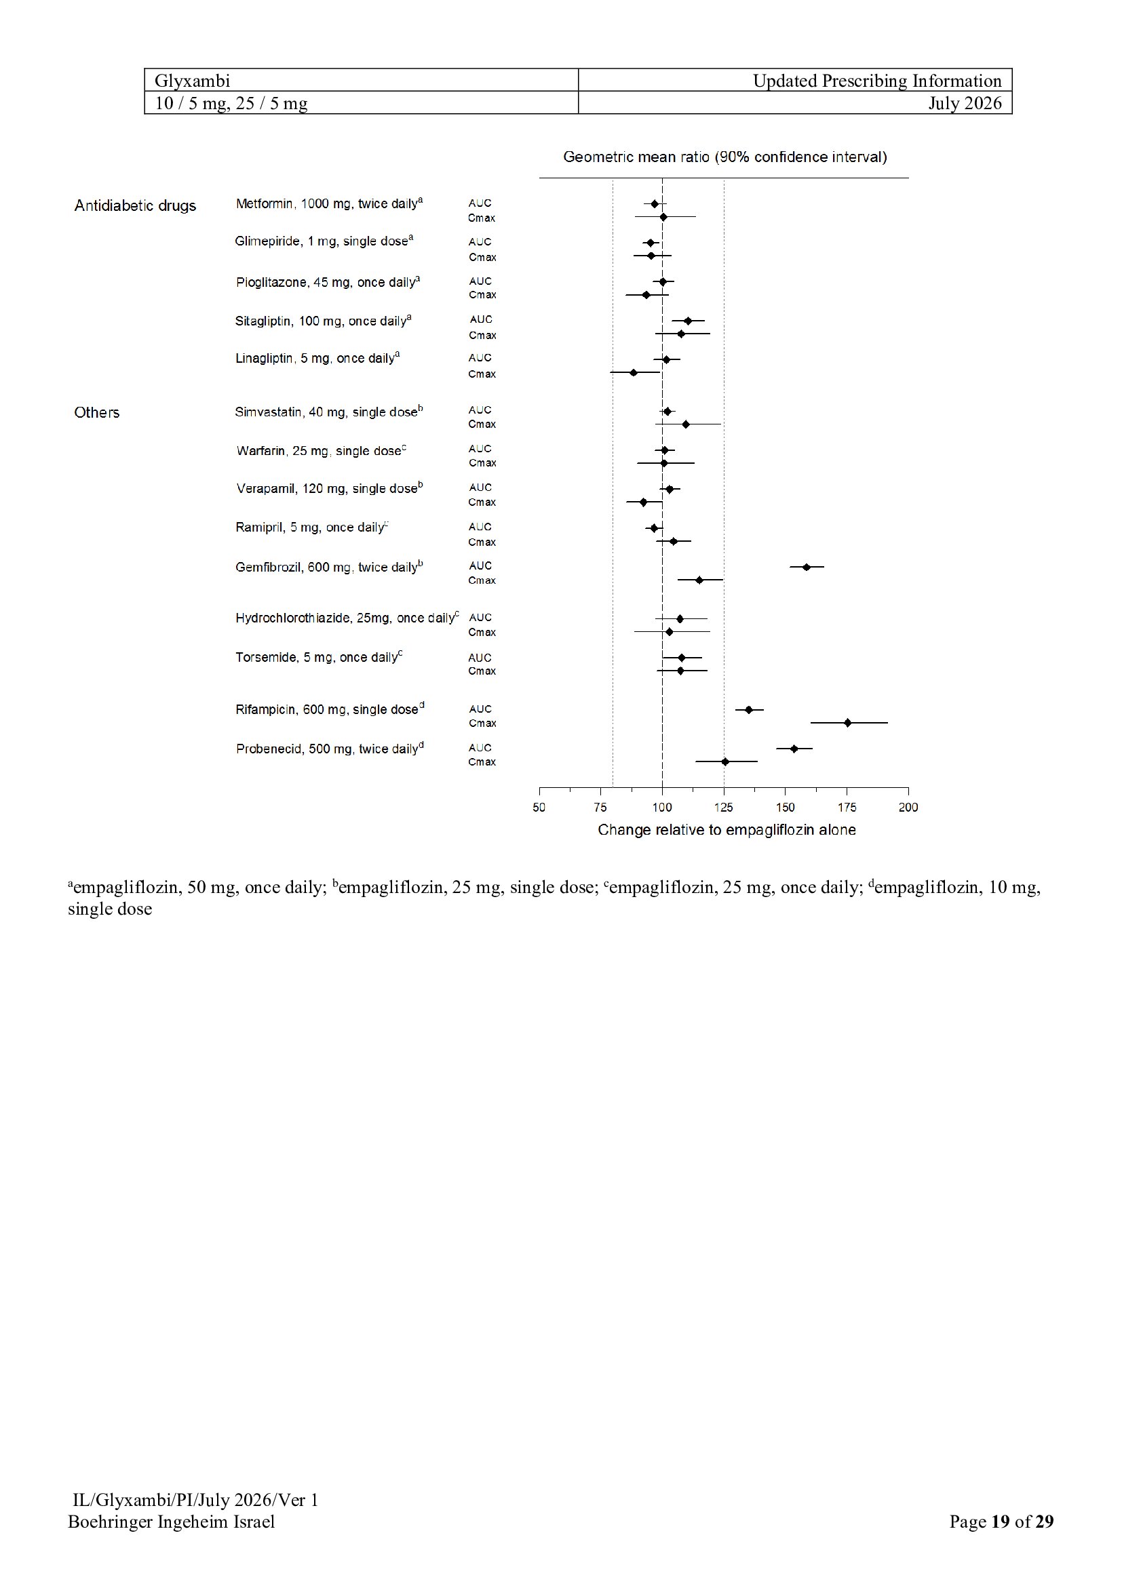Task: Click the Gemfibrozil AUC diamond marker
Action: click(x=806, y=567)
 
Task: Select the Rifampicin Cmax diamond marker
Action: click(x=848, y=723)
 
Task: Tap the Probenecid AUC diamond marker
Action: click(x=794, y=749)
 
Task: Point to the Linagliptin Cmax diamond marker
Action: click(x=634, y=372)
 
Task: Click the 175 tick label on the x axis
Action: click(x=847, y=808)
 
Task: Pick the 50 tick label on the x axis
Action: click(x=539, y=808)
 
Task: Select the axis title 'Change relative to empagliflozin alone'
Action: click(x=727, y=829)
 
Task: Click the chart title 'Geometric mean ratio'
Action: click(x=636, y=157)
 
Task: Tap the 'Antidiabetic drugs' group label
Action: click(x=136, y=206)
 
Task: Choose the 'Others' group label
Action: click(x=97, y=412)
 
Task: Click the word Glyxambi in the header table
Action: click(x=192, y=81)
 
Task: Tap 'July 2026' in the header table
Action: click(x=965, y=103)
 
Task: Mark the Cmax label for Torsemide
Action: click(x=482, y=671)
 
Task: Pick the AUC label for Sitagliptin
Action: click(x=481, y=319)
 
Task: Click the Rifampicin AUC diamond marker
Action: click(x=748, y=709)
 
